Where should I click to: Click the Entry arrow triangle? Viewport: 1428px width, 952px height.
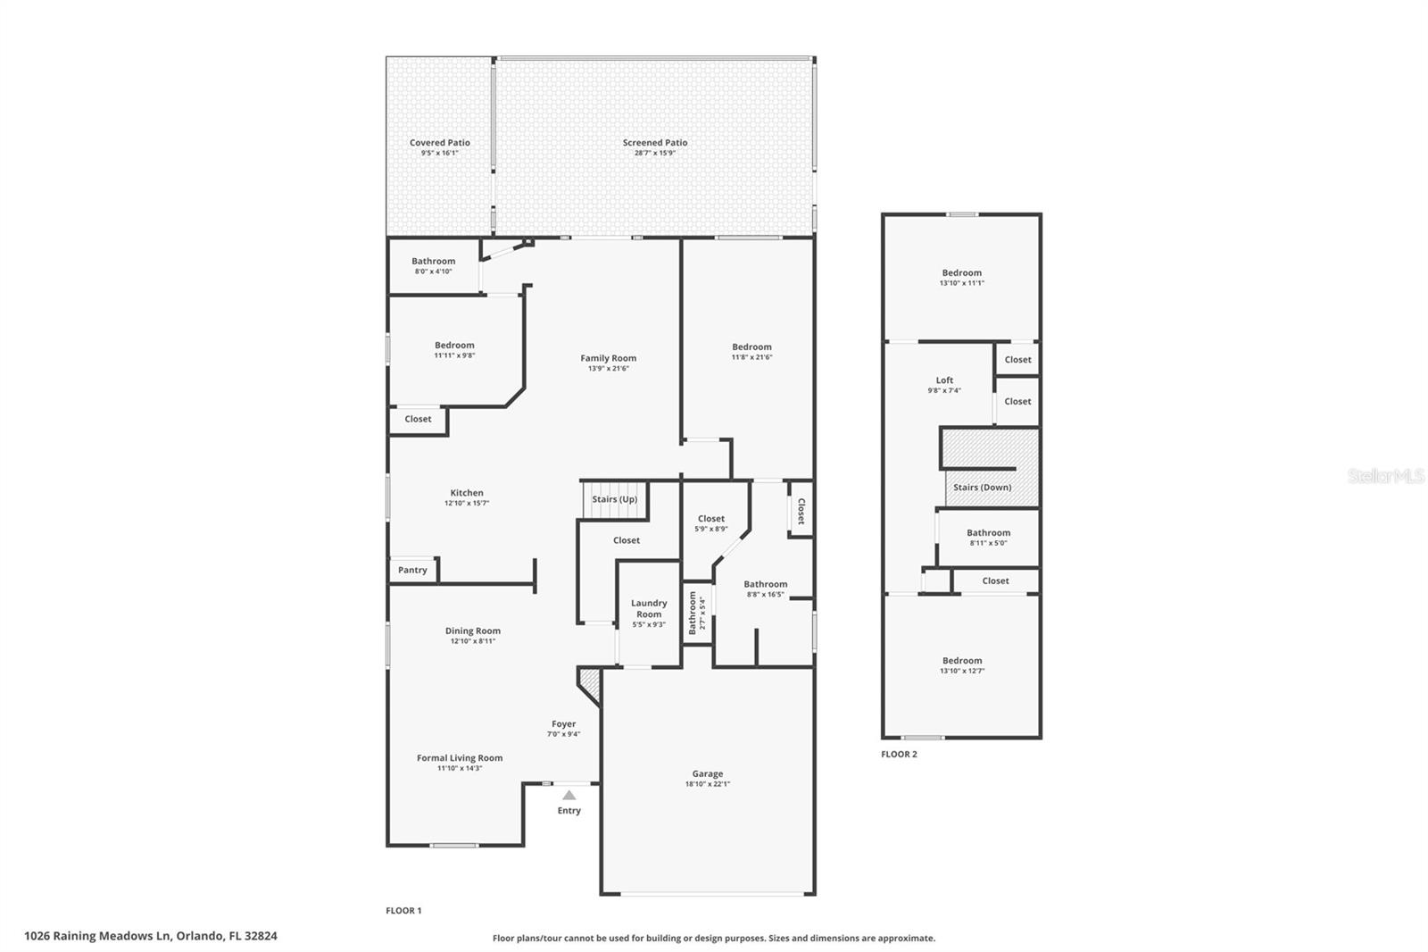point(569,795)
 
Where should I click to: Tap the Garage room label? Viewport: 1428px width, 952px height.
point(707,774)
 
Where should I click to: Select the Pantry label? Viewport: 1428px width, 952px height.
point(412,570)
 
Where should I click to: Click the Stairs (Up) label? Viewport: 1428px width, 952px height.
point(615,499)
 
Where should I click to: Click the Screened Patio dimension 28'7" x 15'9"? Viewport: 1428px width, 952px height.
point(655,153)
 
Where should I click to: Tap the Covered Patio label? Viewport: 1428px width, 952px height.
point(439,143)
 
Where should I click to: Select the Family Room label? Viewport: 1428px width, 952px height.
point(609,358)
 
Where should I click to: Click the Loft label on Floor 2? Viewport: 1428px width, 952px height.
point(944,380)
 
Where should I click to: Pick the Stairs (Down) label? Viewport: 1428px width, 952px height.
point(982,488)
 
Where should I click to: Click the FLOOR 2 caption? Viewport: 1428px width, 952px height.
point(899,755)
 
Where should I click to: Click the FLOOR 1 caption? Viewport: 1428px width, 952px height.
point(403,911)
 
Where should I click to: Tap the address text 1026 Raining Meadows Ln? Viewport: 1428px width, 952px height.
point(98,936)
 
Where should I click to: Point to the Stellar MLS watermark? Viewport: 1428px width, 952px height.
point(1385,477)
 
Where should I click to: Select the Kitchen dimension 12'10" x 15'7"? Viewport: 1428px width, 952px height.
point(467,503)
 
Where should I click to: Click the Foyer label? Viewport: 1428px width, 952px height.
point(563,724)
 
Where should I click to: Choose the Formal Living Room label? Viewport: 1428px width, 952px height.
point(460,758)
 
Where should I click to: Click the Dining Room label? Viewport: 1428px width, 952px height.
point(473,630)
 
